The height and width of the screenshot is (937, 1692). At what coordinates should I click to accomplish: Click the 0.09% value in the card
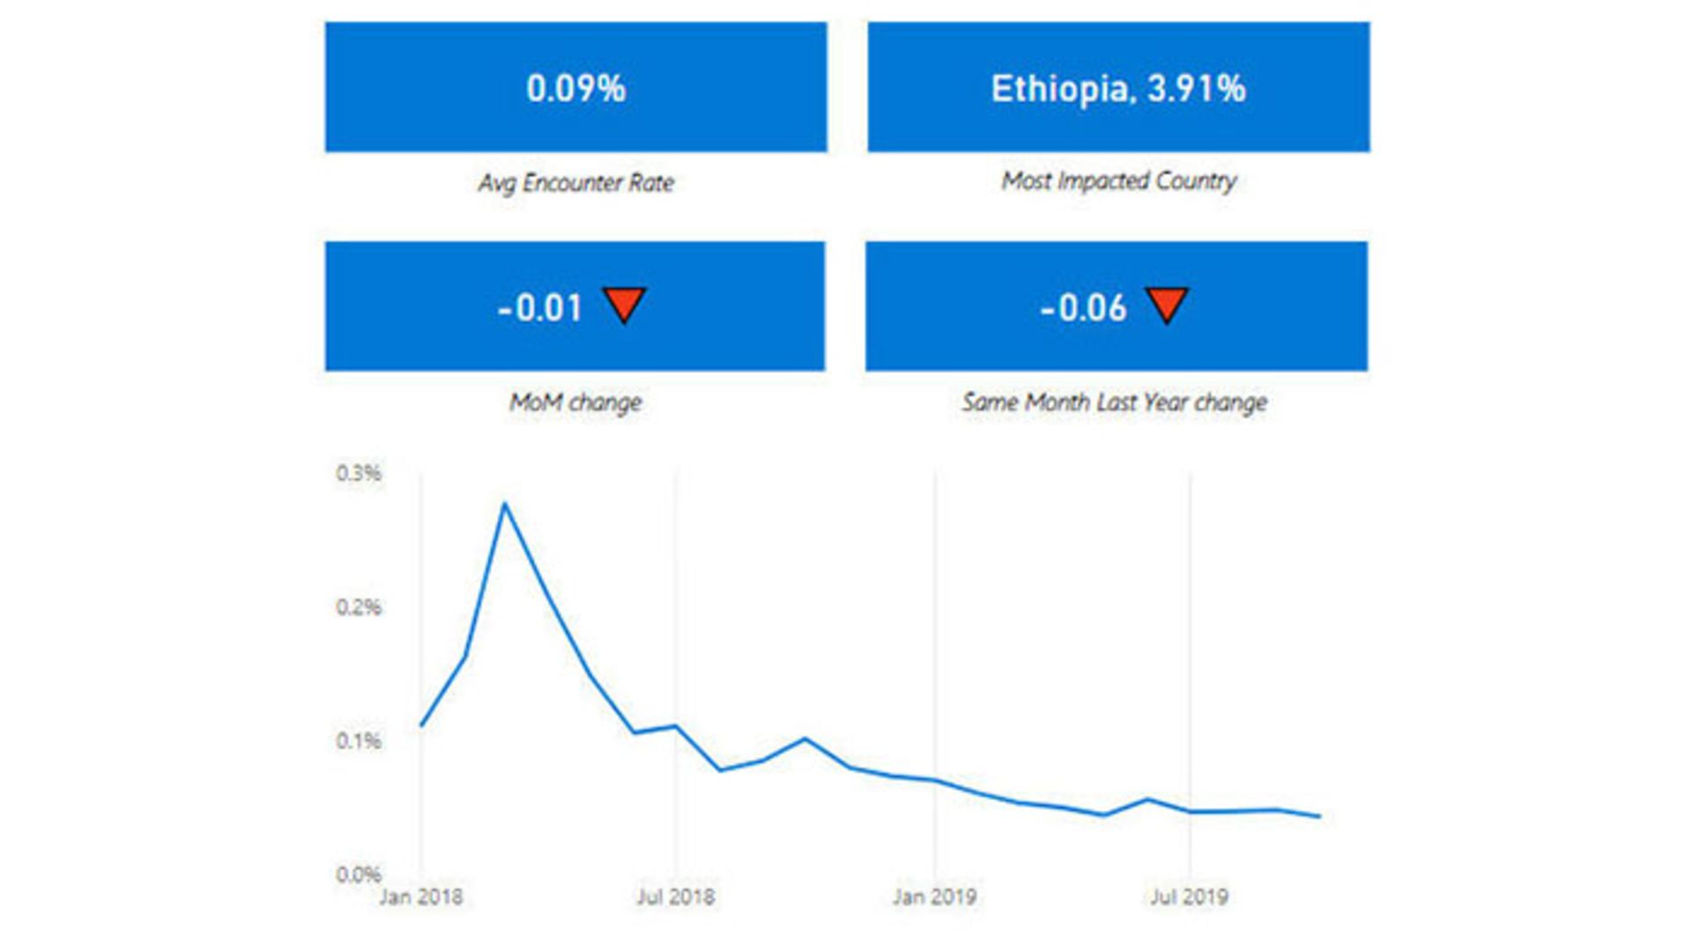(x=575, y=88)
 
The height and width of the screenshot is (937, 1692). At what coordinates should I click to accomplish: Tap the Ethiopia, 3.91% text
(x=1118, y=88)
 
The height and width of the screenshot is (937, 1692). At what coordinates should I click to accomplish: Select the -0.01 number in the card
(x=540, y=308)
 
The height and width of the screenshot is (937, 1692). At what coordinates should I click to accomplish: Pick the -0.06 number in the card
(x=1083, y=308)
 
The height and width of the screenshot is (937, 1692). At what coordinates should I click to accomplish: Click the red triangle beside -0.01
(x=625, y=304)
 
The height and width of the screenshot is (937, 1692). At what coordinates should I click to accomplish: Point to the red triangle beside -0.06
(x=1168, y=304)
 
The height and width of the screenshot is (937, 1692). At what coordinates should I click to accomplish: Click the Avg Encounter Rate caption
(x=575, y=182)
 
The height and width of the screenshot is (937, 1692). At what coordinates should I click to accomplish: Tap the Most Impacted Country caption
(x=1118, y=181)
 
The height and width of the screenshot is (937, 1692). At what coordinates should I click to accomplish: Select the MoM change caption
(x=575, y=402)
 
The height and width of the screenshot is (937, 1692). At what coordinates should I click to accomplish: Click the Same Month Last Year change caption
(x=1115, y=402)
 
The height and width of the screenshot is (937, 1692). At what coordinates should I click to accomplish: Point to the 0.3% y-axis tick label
(x=359, y=474)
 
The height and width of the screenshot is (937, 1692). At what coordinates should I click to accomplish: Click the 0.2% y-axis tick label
(x=359, y=608)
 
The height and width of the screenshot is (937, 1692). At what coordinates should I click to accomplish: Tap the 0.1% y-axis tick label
(x=359, y=741)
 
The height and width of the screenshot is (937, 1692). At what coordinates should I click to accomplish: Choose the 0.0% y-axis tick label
(x=359, y=874)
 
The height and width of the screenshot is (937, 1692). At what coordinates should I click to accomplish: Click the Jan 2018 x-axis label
(x=421, y=896)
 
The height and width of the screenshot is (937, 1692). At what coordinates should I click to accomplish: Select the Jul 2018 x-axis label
(x=676, y=896)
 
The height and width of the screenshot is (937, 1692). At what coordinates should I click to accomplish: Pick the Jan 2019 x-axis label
(x=934, y=896)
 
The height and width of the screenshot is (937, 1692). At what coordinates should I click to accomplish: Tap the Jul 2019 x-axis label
(x=1189, y=896)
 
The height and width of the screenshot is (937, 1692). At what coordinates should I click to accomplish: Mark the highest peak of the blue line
(x=504, y=504)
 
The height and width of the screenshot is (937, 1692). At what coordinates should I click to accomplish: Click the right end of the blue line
(x=1319, y=816)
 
